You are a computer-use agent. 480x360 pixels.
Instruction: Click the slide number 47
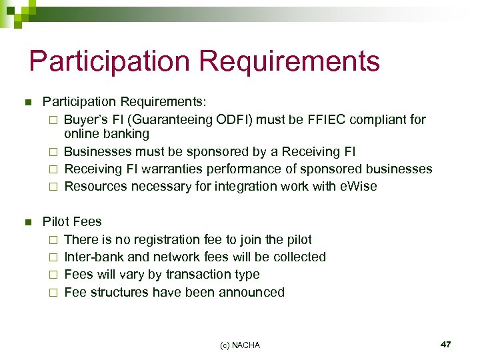446,344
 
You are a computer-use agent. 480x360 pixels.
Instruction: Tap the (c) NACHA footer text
240,345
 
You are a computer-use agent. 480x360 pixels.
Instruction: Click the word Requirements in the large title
289,61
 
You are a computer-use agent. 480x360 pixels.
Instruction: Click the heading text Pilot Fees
72,221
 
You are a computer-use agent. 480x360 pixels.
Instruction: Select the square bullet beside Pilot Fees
28,222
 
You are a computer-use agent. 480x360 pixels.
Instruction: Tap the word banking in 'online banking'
126,135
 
